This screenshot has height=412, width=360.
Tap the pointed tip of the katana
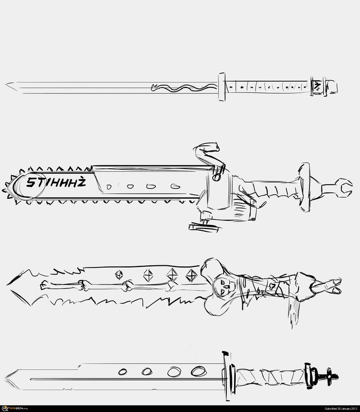(x=8, y=85)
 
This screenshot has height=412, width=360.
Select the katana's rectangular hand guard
(x=222, y=87)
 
